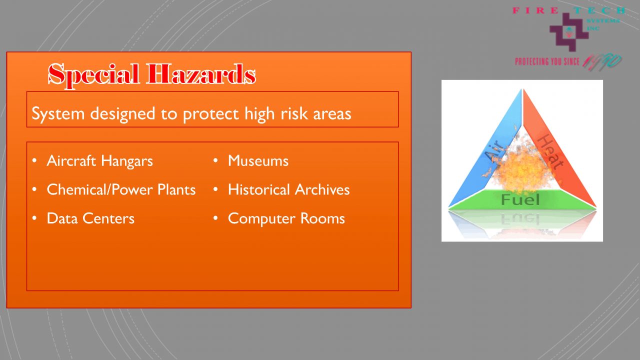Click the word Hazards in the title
click(x=201, y=74)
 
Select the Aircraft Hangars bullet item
click(x=99, y=161)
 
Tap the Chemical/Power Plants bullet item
click(x=121, y=190)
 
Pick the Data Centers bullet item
click(x=90, y=218)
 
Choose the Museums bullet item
click(x=258, y=161)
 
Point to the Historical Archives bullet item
click(x=288, y=190)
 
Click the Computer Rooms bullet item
click(x=286, y=218)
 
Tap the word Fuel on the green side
click(x=520, y=200)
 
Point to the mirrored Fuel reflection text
click(x=520, y=219)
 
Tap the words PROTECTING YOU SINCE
click(x=547, y=61)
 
